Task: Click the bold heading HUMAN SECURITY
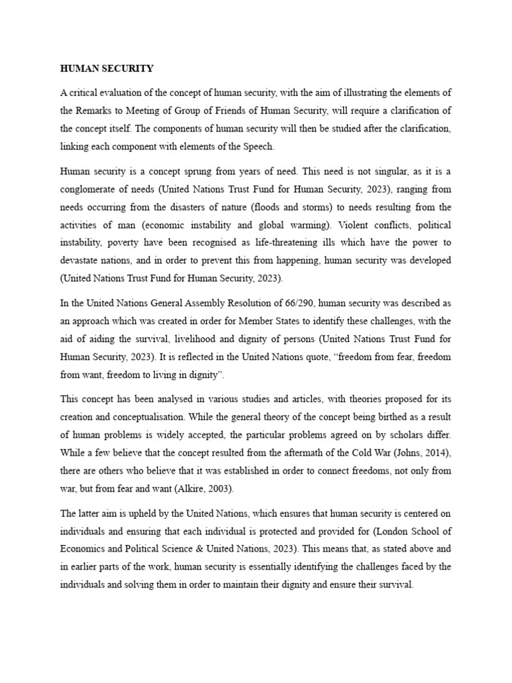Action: pos(107,69)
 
